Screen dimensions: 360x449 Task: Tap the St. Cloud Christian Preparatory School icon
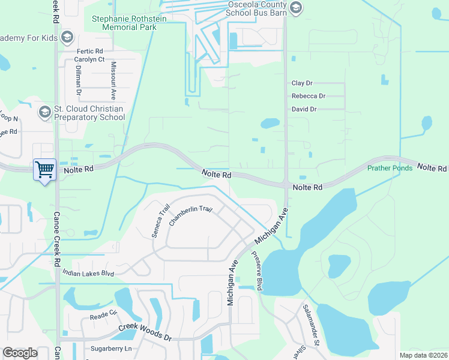tap(44, 112)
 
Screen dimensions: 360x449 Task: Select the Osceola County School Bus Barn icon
tap(295, 8)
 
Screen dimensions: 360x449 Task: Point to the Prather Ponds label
tap(390, 168)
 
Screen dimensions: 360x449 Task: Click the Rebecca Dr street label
tap(308, 96)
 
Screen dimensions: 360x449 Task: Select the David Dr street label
tap(304, 109)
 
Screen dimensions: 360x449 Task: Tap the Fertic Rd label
tap(89, 51)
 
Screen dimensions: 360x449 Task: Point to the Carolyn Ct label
tap(89, 59)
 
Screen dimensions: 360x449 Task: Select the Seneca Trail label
tap(161, 220)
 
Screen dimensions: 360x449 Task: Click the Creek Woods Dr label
tap(145, 331)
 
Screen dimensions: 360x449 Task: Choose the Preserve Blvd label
tap(256, 271)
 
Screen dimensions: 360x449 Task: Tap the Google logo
tap(20, 352)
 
